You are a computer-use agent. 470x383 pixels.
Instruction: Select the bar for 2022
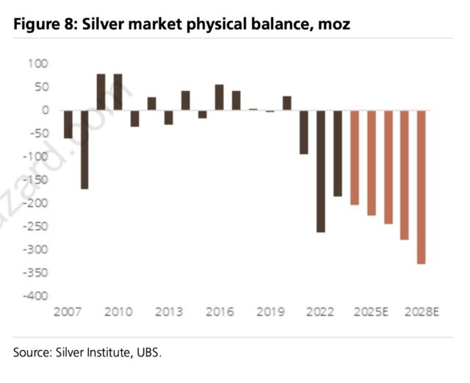point(321,170)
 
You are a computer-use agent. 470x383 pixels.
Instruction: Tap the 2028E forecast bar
point(422,186)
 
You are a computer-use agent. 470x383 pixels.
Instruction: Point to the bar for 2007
point(68,124)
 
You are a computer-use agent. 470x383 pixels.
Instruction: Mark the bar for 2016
point(220,97)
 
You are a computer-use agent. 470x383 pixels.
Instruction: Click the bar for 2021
point(304,132)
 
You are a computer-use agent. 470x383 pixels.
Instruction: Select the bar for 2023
point(338,153)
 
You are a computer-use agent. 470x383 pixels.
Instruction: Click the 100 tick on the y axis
point(37,64)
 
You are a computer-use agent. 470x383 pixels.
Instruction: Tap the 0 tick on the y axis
point(45,110)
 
